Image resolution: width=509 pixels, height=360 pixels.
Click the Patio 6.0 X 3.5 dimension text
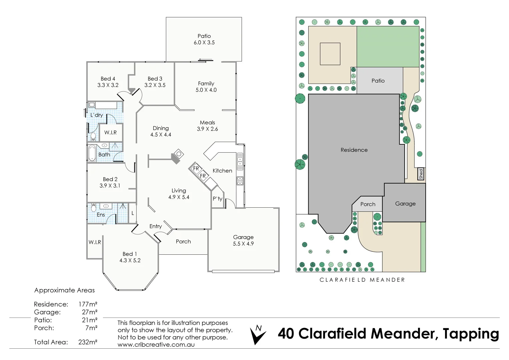204,43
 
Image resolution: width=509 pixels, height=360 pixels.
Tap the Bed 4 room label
108,79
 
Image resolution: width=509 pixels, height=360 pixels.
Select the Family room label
206,84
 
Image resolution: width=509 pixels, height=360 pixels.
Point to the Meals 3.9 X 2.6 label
207,126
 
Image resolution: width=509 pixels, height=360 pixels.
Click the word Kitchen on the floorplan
222,171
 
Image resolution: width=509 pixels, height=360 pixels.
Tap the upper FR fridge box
196,169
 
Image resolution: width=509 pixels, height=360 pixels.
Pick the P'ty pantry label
217,199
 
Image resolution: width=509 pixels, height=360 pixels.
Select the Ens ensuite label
101,215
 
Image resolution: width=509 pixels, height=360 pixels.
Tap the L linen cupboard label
133,213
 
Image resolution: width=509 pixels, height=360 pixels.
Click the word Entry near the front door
156,226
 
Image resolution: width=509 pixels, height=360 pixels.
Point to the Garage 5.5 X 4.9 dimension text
243,244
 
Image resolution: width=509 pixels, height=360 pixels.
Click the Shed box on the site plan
421,174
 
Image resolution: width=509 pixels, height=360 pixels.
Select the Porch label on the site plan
368,204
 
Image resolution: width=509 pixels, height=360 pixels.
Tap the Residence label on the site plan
354,150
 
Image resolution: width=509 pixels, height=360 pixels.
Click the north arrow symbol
257,335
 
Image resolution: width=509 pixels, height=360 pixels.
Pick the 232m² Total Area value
88,342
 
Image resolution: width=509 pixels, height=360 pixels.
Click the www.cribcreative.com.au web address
156,345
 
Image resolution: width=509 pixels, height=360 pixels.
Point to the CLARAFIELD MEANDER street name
362,280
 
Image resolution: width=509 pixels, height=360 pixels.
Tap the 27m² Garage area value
89,312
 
